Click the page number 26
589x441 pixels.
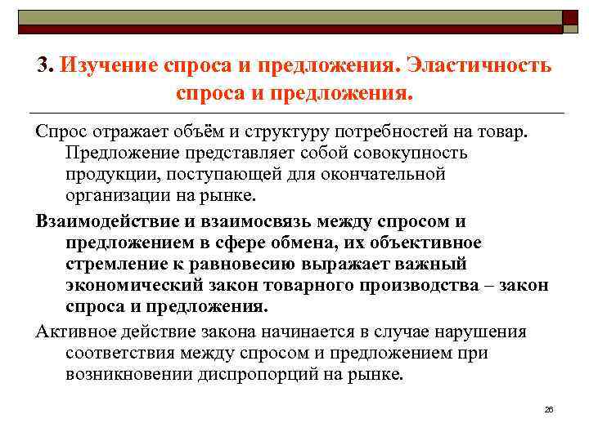tap(549, 408)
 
